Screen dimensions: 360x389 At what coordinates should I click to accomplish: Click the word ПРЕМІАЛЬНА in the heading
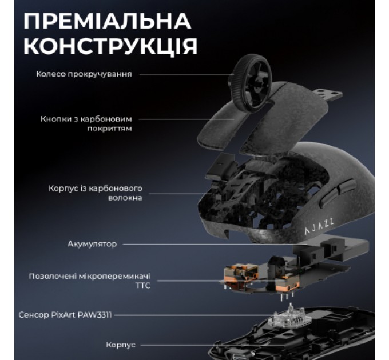pos(107,21)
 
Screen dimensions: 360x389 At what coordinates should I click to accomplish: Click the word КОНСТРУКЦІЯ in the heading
pos(110,46)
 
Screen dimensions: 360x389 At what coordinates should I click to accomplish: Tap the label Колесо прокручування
pos(84,74)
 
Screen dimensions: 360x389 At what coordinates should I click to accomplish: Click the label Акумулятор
pos(92,244)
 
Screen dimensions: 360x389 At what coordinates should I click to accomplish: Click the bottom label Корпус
pos(121,345)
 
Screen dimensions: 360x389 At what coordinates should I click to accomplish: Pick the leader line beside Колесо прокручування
pos(183,74)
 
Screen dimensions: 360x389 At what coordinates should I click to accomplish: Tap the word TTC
pos(142,285)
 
